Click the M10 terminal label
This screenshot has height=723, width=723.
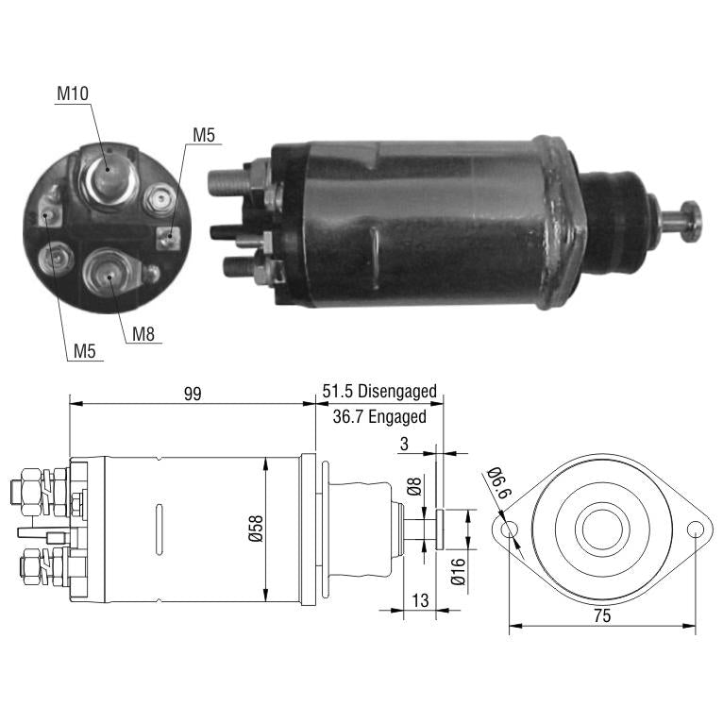pyautogui.click(x=73, y=93)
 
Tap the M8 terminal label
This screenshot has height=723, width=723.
pyautogui.click(x=143, y=334)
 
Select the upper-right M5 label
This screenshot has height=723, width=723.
pyautogui.click(x=204, y=135)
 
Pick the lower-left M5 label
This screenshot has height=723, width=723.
pyautogui.click(x=84, y=351)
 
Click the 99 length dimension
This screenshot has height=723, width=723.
pyautogui.click(x=193, y=394)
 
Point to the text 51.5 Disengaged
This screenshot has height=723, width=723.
pyautogui.click(x=379, y=391)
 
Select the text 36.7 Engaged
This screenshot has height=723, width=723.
pyautogui.click(x=379, y=416)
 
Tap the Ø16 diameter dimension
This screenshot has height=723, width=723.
pyautogui.click(x=459, y=572)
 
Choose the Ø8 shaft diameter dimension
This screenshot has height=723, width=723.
pyautogui.click(x=414, y=486)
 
